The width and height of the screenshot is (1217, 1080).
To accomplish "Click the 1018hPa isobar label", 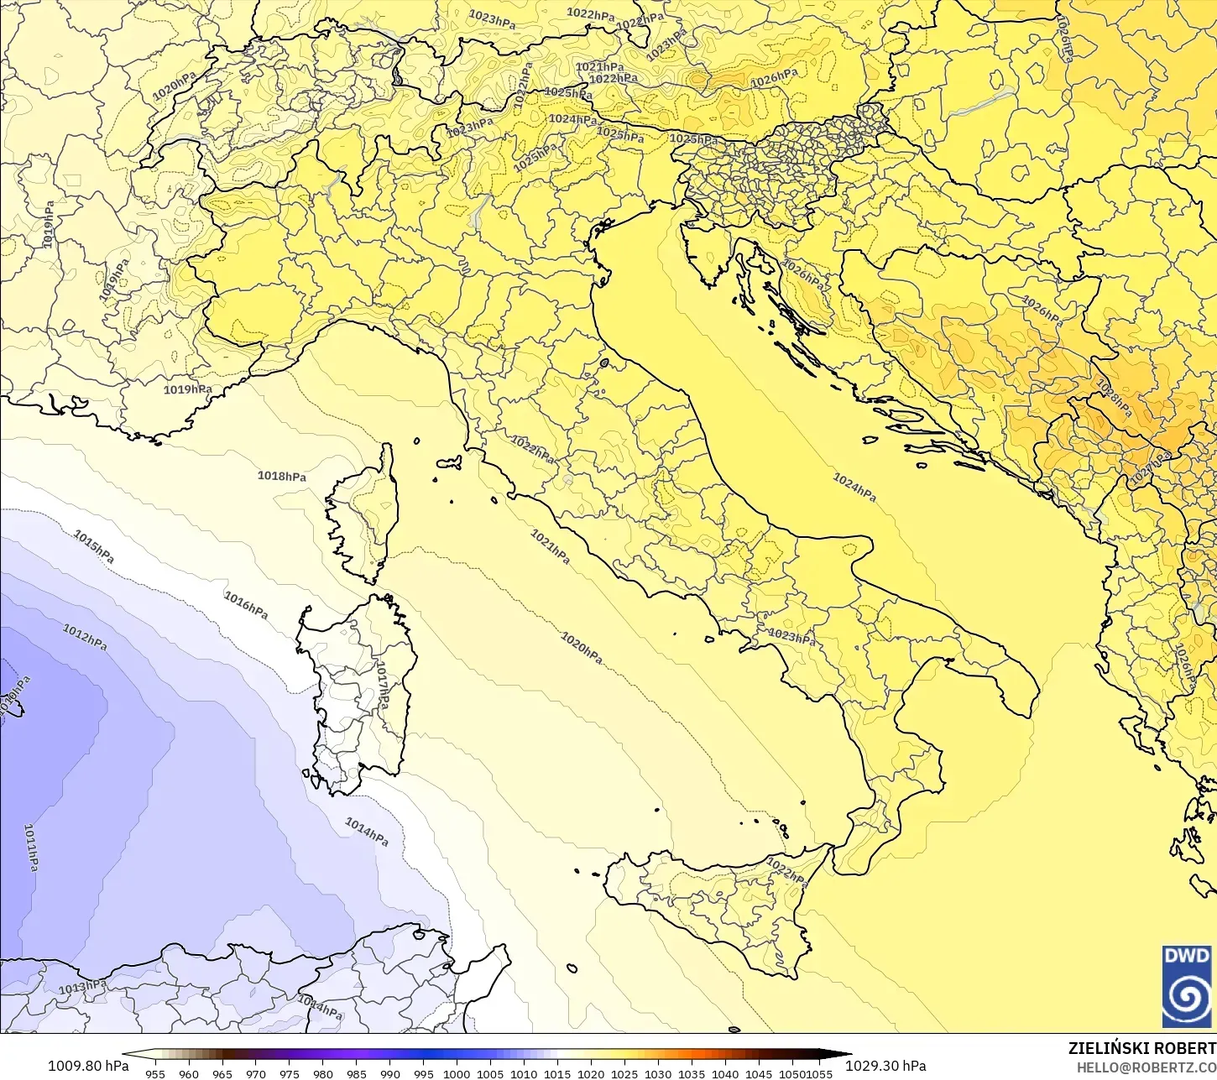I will [x=281, y=477].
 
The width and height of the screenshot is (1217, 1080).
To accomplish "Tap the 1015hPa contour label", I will [x=93, y=546].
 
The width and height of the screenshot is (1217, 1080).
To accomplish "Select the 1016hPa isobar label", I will [x=246, y=605].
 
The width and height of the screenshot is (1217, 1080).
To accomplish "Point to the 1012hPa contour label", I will [x=85, y=637].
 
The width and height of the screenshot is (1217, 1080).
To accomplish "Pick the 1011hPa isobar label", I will [x=31, y=847].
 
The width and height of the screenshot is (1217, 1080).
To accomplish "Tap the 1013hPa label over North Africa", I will [x=82, y=987].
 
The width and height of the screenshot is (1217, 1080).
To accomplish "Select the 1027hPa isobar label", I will [x=1150, y=469].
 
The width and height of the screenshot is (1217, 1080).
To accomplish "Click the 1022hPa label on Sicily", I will [x=787, y=873].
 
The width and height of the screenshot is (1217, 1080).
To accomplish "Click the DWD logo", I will [x=1187, y=986].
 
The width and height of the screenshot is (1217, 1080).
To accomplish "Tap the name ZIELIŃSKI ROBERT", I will [x=1141, y=1049].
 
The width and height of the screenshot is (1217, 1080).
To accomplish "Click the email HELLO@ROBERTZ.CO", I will [x=1146, y=1067].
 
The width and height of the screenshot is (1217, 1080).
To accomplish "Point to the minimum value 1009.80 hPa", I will [x=88, y=1066].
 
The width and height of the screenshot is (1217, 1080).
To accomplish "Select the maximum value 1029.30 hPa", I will [x=885, y=1066].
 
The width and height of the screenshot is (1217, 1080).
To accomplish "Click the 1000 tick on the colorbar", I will [x=457, y=1073].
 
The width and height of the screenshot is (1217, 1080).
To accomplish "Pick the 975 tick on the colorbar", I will [x=290, y=1073].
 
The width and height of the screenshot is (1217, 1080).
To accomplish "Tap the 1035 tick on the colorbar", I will [x=691, y=1073].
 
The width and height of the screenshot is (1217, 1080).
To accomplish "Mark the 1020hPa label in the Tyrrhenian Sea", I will [x=582, y=647].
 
